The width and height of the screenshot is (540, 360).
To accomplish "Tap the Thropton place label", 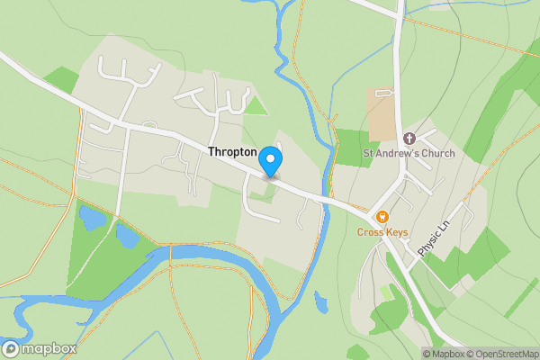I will pyautogui.click(x=232, y=153).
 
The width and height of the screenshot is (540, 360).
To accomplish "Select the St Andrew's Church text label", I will pyautogui.click(x=409, y=153).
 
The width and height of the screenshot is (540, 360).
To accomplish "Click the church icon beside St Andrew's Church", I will pyautogui.click(x=409, y=138).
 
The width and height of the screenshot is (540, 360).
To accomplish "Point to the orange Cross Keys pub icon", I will pyautogui.click(x=382, y=216).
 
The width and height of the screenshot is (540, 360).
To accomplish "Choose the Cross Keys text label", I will pyautogui.click(x=382, y=232).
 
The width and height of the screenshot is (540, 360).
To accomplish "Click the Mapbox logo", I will pyautogui.click(x=39, y=348).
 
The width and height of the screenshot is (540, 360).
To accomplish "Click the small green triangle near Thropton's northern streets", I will pyautogui.click(x=257, y=105).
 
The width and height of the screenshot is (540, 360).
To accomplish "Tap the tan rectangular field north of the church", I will pyautogui.click(x=382, y=113).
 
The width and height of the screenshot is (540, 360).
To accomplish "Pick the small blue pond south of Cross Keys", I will pyautogui.click(x=321, y=301).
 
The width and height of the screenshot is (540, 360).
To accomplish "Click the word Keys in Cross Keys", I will pyautogui.click(x=396, y=232).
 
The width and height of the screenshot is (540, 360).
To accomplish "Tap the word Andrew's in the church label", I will pyautogui.click(x=399, y=153).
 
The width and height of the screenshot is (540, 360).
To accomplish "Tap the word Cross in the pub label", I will pyautogui.click(x=370, y=232).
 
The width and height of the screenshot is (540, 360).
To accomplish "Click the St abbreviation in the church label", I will pyautogui.click(x=367, y=153).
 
